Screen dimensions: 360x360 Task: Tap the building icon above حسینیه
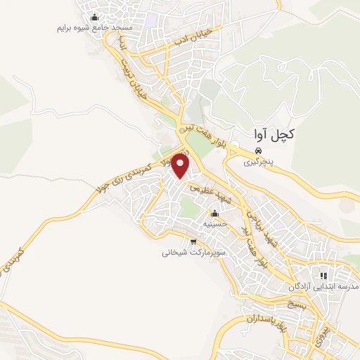(x=215, y=213)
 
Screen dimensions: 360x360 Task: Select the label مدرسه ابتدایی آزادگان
(x=323, y=287)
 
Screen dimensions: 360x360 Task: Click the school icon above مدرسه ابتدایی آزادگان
(x=323, y=276)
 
